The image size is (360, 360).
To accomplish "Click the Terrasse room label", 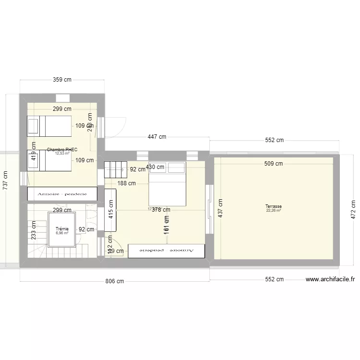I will pyautogui.click(x=274, y=206).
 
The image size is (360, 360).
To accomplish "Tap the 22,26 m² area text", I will pyautogui.click(x=274, y=210).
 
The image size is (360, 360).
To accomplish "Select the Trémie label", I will pyautogui.click(x=62, y=229).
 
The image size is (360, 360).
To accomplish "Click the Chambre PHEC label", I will pyautogui.click(x=62, y=150).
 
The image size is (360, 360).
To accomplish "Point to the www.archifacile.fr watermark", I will pyautogui.click(x=330, y=279).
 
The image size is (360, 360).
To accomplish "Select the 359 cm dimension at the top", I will pyautogui.click(x=62, y=80).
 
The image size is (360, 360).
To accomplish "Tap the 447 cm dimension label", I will pyautogui.click(x=156, y=137).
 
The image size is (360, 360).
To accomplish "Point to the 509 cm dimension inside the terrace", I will pyautogui.click(x=273, y=164).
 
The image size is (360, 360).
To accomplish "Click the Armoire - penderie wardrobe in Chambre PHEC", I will pyautogui.click(x=62, y=194).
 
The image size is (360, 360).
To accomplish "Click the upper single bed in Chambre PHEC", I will pyautogui.click(x=49, y=126).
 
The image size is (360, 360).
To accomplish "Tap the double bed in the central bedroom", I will pyautogui.click(x=167, y=184).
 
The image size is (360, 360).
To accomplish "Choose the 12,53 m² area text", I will pyautogui.click(x=62, y=154).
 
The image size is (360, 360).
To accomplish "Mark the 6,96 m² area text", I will pyautogui.click(x=62, y=233).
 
